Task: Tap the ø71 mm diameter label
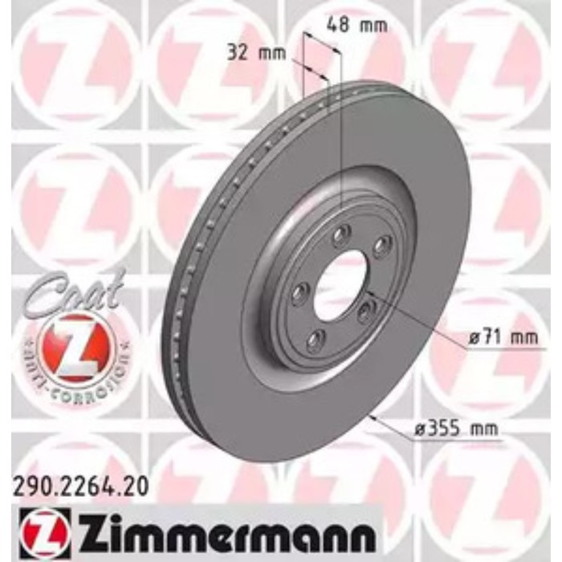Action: point(503,338)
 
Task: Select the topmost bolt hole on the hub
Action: point(342,234)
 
